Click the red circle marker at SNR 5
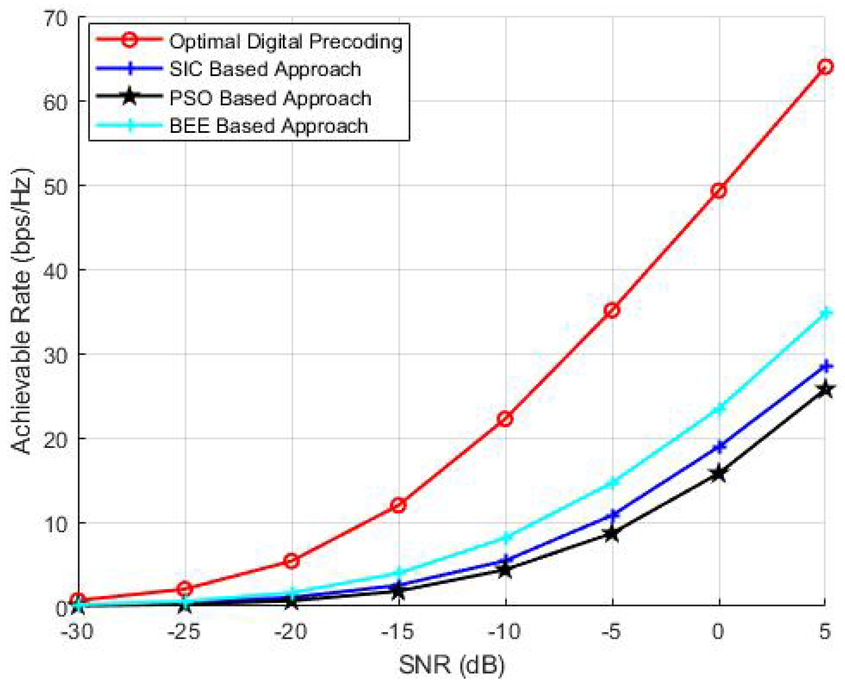pyautogui.click(x=825, y=67)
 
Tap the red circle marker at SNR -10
pyautogui.click(x=505, y=419)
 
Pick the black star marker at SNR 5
pyautogui.click(x=825, y=390)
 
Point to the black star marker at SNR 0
pyautogui.click(x=719, y=473)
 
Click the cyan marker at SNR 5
pyautogui.click(x=825, y=313)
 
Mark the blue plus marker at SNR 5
pyautogui.click(x=825, y=366)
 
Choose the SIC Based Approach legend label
pyautogui.click(x=265, y=69)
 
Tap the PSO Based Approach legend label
pyautogui.click(x=270, y=98)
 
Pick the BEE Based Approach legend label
pyautogui.click(x=268, y=126)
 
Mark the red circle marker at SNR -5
pyautogui.click(x=612, y=311)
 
